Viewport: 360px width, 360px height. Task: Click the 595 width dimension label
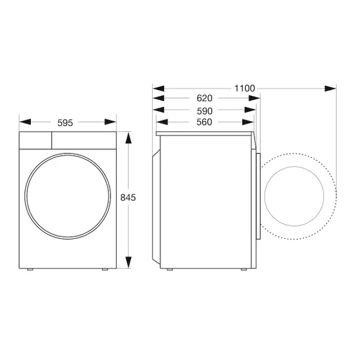point(68,120)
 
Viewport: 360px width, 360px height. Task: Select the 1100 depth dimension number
point(245,88)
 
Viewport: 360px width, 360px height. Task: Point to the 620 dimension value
point(204,99)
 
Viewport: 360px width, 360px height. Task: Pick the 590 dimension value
point(204,110)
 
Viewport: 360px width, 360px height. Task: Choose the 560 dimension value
point(204,122)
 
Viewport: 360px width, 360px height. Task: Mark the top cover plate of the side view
point(207,135)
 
